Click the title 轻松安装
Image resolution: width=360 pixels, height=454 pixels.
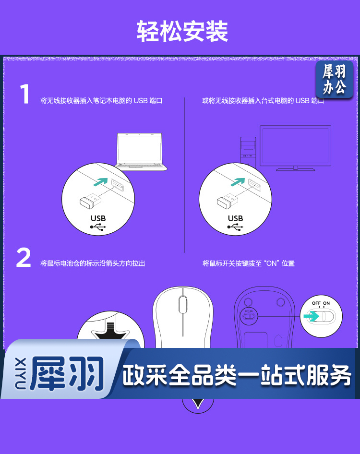tap(182, 31)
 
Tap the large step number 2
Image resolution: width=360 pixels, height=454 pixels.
tap(24, 257)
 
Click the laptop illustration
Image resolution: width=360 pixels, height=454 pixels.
tap(141, 152)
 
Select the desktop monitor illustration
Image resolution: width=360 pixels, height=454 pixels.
tap(295, 148)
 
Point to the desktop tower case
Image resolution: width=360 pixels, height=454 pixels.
tap(248, 151)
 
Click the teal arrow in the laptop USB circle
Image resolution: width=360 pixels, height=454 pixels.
tap(100, 182)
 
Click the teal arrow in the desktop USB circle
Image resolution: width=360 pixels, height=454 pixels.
tap(238, 182)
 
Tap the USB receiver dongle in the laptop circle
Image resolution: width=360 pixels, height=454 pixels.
tap(90, 200)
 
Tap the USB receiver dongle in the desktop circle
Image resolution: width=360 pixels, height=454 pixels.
tap(228, 200)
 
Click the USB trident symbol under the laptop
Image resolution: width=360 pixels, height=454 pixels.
tap(98, 227)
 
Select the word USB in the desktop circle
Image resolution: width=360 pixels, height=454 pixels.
tap(235, 218)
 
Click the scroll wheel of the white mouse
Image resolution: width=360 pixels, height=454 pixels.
tap(183, 304)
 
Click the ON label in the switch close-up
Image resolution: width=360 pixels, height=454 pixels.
tap(326, 303)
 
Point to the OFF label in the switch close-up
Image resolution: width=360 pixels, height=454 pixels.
tap(316, 303)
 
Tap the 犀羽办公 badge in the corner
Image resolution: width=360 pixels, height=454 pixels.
tap(334, 79)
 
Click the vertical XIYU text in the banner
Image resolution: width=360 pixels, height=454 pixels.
tap(20, 373)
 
